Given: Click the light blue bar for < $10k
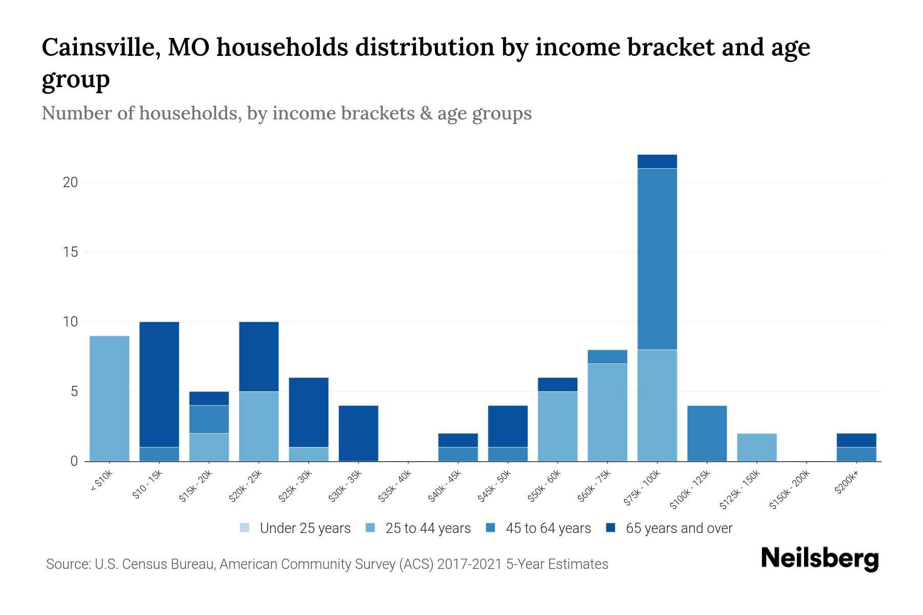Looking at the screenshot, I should tap(109, 398).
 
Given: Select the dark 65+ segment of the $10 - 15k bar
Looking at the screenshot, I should tap(159, 384).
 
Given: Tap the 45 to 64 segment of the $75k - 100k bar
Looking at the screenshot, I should tap(657, 259).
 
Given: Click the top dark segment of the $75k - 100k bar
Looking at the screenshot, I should tap(657, 161).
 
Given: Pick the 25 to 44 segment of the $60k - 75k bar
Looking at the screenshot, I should tap(607, 412).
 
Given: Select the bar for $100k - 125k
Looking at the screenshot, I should tap(707, 433).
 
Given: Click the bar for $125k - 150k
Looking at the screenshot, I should tap(756, 447).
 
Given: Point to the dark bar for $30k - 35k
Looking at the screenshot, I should tap(358, 433).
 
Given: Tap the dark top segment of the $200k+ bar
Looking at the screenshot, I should tap(856, 440).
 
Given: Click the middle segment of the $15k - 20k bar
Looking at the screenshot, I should tap(209, 419).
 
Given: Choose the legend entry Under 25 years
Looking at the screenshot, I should tap(295, 528).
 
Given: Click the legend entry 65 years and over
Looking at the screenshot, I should tap(669, 528).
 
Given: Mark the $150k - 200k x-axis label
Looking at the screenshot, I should tap(790, 490).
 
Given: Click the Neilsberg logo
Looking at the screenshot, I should tap(819, 559).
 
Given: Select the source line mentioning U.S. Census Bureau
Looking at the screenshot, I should tap(327, 564).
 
